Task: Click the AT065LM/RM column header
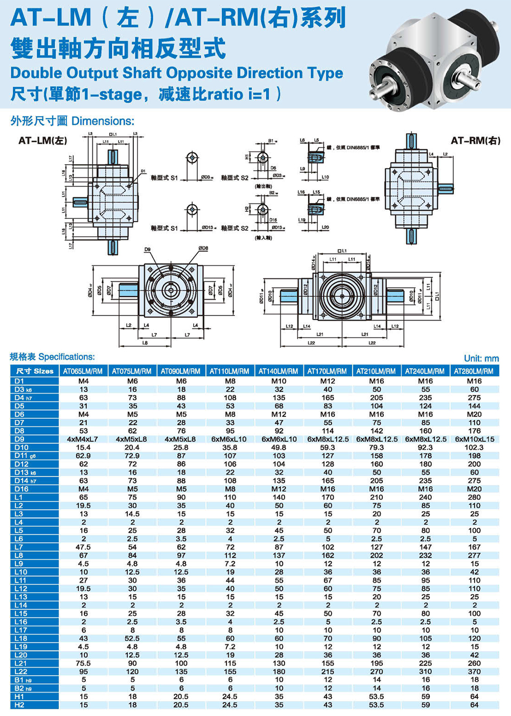click(83, 371)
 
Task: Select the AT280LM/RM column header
click(474, 371)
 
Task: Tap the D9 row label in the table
click(19, 439)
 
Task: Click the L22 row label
click(21, 672)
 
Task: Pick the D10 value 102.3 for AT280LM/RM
click(474, 447)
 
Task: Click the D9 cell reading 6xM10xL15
click(474, 439)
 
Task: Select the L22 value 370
click(474, 672)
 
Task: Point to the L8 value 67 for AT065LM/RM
click(83, 555)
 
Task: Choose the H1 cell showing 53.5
click(377, 697)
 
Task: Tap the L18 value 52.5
click(132, 638)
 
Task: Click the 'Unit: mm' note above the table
click(481, 359)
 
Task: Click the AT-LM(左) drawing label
click(43, 140)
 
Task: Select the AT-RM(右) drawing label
click(475, 140)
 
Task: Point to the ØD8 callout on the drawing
click(203, 249)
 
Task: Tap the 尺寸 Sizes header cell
click(35, 371)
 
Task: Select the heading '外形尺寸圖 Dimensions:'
click(72, 121)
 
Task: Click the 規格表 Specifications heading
click(52, 356)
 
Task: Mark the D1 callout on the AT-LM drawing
click(143, 171)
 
